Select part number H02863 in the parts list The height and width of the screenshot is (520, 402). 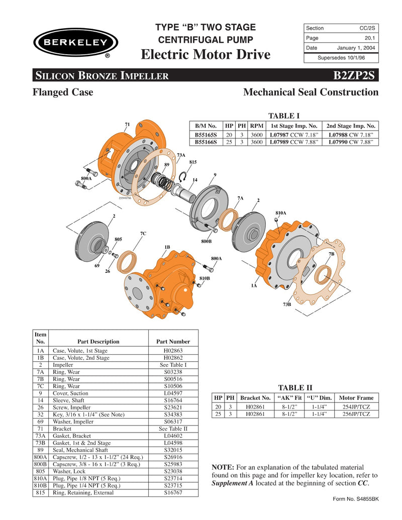(x=173, y=351)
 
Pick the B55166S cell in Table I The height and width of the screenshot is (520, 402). (x=206, y=142)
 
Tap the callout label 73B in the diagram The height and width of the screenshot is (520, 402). (x=287, y=304)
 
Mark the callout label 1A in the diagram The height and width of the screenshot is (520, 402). (x=254, y=285)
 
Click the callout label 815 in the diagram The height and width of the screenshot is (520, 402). (x=192, y=162)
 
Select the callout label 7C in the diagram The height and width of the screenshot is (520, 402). (x=143, y=234)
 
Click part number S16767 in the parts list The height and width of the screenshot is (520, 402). (x=173, y=492)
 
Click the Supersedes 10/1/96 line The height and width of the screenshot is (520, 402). (x=341, y=58)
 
